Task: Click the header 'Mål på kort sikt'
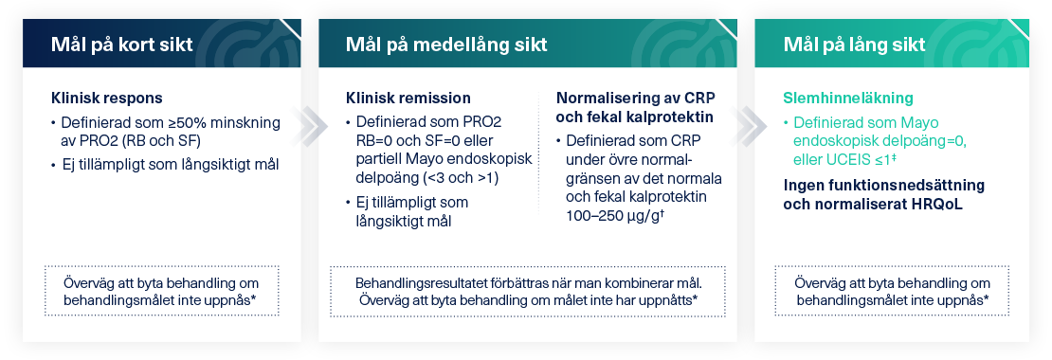[x=121, y=45]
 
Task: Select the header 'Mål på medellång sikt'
[x=446, y=45]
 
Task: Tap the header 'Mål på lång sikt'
[x=854, y=45]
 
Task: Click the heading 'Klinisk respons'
[x=107, y=98]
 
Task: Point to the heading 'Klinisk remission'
[x=408, y=98]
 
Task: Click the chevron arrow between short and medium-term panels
[x=309, y=125]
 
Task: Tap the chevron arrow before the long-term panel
[x=748, y=125]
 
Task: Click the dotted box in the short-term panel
[x=161, y=291]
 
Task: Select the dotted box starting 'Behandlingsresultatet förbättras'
[x=527, y=291]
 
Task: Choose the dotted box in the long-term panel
[x=892, y=291]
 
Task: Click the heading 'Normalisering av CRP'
[x=635, y=98]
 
